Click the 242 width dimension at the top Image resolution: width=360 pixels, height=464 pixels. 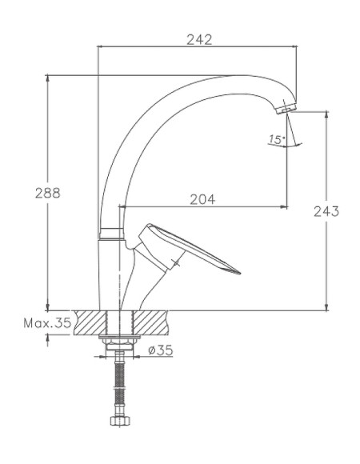coord(198,39)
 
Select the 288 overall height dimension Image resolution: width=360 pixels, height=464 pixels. coord(49,193)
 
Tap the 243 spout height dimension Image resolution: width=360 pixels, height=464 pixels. coord(326,211)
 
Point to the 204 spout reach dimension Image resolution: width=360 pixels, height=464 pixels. coord(202,200)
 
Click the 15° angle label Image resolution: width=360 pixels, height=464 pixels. coord(276,139)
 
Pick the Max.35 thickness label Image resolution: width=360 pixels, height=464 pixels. coord(47,323)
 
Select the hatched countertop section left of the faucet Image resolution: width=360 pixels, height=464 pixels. coord(90,323)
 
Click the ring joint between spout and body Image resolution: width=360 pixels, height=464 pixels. coord(111,234)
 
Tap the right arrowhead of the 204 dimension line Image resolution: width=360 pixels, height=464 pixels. coord(284,207)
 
